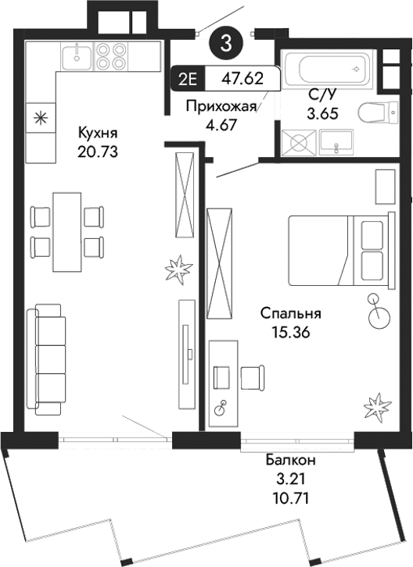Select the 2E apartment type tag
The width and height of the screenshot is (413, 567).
[x=187, y=79]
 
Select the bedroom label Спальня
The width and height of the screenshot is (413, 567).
[x=292, y=314]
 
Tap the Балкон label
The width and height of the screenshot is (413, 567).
[x=290, y=460]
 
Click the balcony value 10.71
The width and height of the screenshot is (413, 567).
[x=290, y=495]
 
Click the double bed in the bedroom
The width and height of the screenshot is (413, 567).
[x=338, y=250]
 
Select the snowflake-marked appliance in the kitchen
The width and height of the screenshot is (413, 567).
[x=40, y=119]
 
